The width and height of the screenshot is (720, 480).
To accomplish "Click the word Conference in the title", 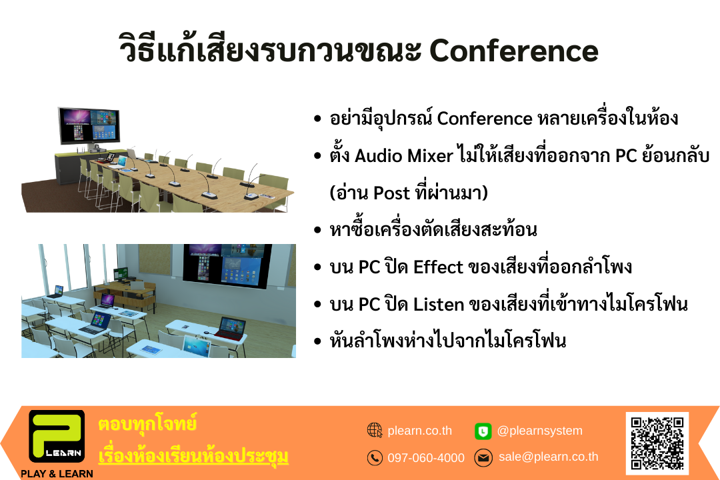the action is click(x=514, y=51).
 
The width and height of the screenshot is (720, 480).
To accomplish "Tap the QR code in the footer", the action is click(x=657, y=443).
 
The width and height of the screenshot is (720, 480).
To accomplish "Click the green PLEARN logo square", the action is click(x=57, y=436).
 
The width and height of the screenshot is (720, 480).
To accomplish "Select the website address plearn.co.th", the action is click(x=420, y=431).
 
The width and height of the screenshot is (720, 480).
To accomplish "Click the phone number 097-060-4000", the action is click(x=426, y=457).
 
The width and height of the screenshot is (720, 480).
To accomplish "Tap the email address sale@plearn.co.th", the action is click(x=548, y=457).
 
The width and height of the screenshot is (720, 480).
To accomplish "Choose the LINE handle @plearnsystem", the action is click(x=540, y=431).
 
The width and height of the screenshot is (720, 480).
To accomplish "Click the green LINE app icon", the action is click(x=483, y=431).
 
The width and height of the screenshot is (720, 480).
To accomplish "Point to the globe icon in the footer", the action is click(x=375, y=431).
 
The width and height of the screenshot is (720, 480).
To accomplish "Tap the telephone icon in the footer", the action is click(x=375, y=457).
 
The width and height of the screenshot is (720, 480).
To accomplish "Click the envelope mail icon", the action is click(x=483, y=457).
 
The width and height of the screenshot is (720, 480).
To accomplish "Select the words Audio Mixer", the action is click(x=404, y=156).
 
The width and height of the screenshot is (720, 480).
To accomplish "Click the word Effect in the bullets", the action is click(x=439, y=267).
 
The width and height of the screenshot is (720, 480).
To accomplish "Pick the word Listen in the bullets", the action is click(x=439, y=304).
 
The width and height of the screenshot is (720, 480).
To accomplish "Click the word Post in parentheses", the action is click(x=391, y=193).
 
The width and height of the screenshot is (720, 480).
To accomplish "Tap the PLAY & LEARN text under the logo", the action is click(x=57, y=473).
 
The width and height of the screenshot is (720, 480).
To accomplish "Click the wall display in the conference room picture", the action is click(x=89, y=125).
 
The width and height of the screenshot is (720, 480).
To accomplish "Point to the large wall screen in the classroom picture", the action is click(x=227, y=266).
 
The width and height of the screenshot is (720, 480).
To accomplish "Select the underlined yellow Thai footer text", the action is click(x=193, y=456).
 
